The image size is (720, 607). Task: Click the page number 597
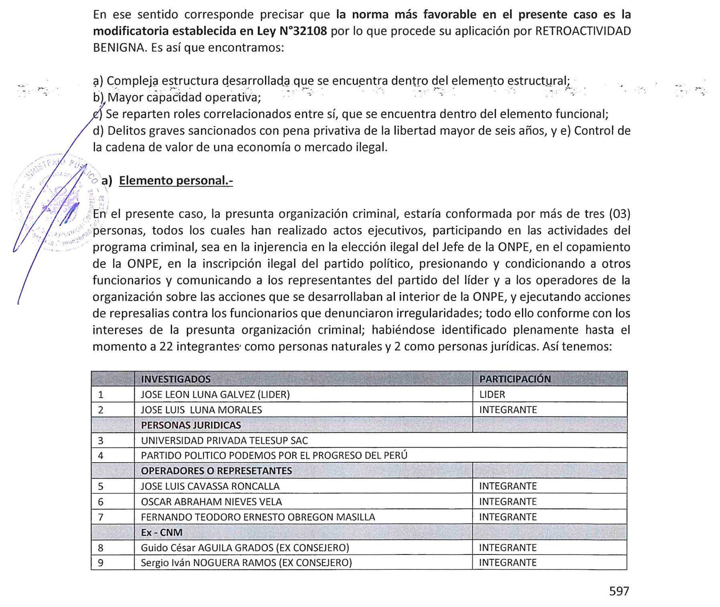[x=619, y=591]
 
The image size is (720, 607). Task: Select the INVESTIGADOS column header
[x=176, y=379]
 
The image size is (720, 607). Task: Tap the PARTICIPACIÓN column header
[x=515, y=379]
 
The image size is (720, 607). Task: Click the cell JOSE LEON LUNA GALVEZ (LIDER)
[x=215, y=395]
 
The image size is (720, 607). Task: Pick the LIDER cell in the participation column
[x=492, y=395]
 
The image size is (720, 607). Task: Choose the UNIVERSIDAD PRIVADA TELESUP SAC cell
[x=224, y=441]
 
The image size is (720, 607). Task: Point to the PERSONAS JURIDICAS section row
[x=191, y=425]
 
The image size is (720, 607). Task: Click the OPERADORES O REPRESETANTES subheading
[x=216, y=471]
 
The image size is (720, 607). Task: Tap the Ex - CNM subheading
[x=162, y=532]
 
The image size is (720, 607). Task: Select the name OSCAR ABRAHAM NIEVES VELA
[x=211, y=502]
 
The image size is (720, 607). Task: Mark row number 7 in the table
[x=101, y=517]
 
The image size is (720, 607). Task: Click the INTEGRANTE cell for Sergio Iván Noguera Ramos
[x=508, y=562]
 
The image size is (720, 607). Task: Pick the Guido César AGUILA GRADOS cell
[x=245, y=548]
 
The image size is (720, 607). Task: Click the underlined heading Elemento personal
[x=176, y=180]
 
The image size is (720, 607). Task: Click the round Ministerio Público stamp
[x=60, y=202]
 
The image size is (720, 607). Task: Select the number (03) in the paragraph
[x=619, y=214]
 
